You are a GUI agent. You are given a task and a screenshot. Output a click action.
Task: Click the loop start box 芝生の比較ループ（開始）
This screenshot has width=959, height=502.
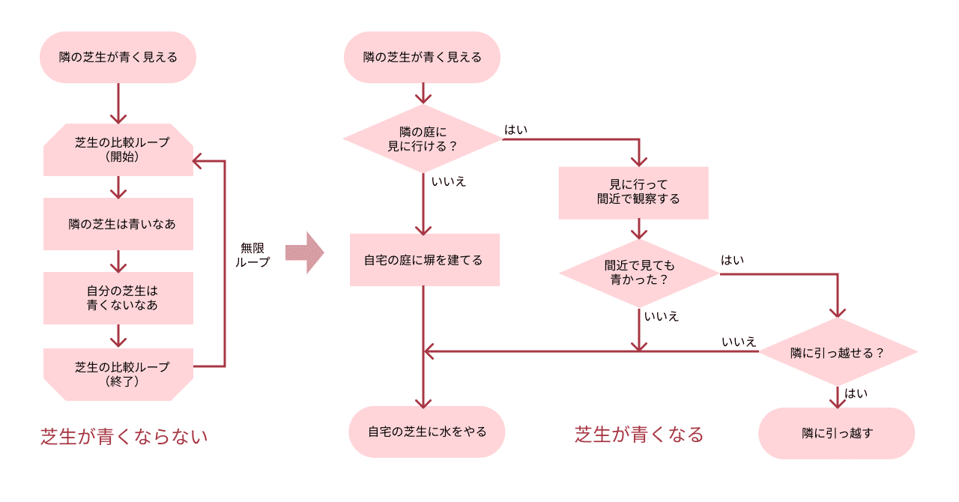118,150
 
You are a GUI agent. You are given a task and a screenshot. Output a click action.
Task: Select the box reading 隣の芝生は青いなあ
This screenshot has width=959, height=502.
118,224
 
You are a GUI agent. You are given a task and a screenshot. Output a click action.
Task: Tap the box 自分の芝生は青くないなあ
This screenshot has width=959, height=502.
118,298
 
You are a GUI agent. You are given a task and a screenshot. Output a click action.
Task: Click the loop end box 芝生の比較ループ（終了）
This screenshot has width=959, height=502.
118,374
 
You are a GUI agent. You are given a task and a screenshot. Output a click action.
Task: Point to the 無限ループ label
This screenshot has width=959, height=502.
252,255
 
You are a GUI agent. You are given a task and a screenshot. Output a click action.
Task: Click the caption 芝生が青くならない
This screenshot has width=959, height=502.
124,436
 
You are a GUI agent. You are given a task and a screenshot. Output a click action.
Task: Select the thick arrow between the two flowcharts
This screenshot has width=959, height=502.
304,253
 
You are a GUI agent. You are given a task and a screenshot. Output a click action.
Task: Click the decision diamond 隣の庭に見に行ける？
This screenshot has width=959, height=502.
423,139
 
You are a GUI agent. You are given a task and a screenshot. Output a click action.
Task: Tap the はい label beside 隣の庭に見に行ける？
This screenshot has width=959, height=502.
515,130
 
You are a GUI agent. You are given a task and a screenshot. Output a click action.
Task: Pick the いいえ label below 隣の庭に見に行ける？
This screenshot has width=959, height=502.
449,181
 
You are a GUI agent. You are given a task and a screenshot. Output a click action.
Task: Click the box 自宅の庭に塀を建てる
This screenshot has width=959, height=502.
424,260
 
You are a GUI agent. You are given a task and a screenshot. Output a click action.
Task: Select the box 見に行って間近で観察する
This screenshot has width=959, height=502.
634,193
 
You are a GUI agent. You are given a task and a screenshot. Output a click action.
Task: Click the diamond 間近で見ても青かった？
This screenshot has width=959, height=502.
639,273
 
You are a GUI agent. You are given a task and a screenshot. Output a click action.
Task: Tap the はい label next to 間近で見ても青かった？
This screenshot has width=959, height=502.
732,260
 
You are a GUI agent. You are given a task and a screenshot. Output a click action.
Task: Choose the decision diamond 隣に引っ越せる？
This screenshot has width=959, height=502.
838,352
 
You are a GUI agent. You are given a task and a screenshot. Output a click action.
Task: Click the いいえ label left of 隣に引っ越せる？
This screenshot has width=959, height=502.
739,342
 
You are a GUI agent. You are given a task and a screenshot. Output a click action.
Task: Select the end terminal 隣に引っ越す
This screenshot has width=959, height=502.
837,433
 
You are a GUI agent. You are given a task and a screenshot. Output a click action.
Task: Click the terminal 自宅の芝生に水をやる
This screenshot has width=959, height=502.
427,432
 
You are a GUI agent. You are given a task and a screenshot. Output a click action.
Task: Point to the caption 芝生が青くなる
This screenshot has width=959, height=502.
639,435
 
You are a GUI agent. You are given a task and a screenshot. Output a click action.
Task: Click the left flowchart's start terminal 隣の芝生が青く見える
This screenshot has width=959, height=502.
118,57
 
